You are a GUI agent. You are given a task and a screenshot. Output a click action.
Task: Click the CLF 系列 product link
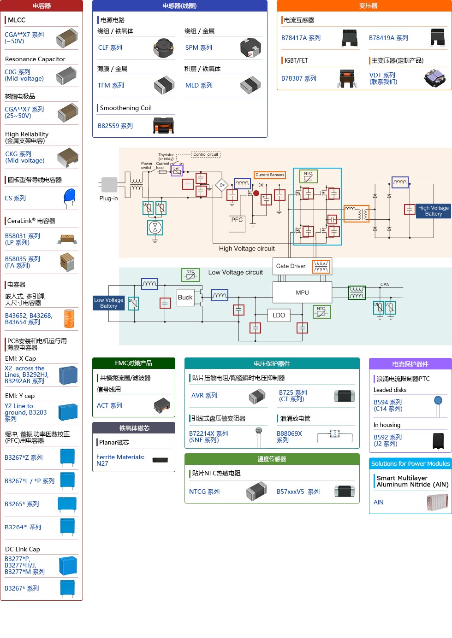click(110, 47)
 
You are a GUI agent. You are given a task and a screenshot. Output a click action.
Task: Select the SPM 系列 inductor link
click(199, 47)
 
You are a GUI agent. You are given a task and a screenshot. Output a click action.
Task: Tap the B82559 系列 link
click(115, 126)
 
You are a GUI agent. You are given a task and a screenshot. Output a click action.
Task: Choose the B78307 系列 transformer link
click(299, 78)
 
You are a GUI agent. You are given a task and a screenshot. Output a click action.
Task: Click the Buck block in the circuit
click(185, 298)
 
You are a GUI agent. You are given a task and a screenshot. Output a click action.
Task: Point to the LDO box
click(279, 315)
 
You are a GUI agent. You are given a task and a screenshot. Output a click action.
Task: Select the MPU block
click(302, 293)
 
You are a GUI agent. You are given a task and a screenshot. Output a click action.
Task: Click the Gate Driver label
click(291, 266)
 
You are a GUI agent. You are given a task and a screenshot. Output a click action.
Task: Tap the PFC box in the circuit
click(237, 220)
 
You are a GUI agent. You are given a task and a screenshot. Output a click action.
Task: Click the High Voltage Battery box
click(433, 211)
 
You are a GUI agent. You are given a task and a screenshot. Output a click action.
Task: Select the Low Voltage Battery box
click(109, 303)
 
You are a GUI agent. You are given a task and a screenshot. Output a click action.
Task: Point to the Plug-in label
click(109, 198)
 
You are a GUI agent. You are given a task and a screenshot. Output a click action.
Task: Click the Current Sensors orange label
click(270, 175)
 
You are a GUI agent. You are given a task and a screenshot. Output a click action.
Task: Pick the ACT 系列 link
click(110, 405)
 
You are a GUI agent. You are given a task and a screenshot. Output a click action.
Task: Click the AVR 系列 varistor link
click(204, 395)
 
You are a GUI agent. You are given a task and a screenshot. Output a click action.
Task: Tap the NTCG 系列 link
click(204, 492)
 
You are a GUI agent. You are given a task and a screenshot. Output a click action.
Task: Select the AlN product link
click(379, 502)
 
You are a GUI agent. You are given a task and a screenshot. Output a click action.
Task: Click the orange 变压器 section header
click(368, 6)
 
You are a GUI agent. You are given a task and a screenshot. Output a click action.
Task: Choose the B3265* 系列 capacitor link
click(22, 504)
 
